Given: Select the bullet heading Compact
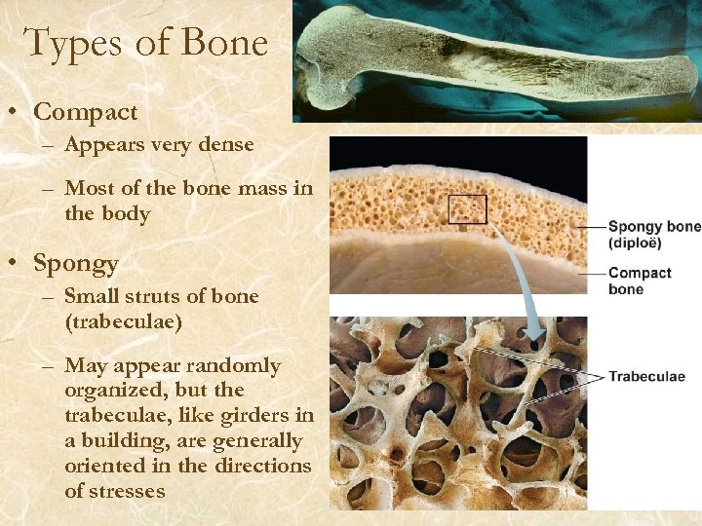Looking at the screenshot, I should [x=86, y=113].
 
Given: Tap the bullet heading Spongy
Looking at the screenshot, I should [x=76, y=264].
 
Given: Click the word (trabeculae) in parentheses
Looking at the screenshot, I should [x=123, y=320].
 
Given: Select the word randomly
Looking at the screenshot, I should [x=235, y=366].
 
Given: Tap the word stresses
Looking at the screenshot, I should [x=129, y=491].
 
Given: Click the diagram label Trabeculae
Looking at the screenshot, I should [x=646, y=376].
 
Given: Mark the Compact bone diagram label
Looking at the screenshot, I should [x=640, y=281].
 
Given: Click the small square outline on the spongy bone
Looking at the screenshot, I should [x=467, y=209].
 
